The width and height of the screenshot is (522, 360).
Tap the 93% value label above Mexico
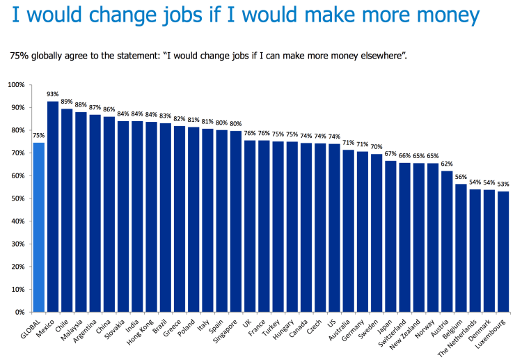[x=52, y=94]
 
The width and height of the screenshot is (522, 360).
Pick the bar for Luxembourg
[x=503, y=251]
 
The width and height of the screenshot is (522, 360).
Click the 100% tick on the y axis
[x=16, y=85]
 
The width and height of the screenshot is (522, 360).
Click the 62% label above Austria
[x=447, y=164]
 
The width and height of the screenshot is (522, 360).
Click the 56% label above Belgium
[x=461, y=178]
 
